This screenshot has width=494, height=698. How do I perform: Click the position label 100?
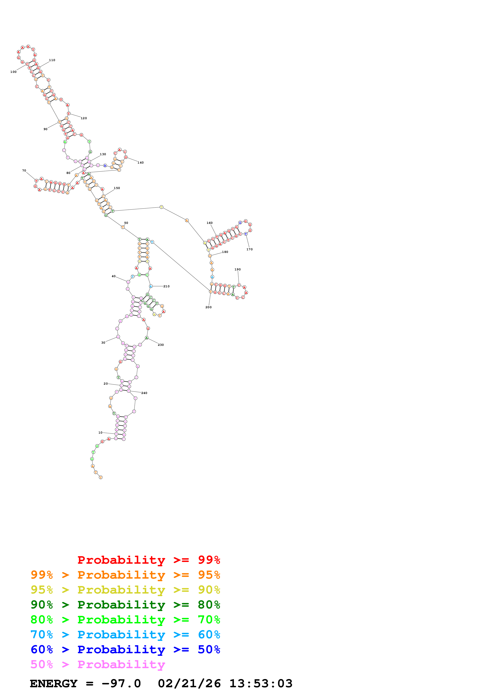click(13, 72)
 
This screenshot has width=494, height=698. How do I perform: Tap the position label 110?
click(52, 60)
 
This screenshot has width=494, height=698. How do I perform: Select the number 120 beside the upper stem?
click(84, 118)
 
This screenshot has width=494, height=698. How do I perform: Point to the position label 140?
click(140, 163)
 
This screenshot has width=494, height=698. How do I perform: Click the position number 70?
click(24, 171)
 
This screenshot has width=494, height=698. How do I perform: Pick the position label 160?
click(209, 223)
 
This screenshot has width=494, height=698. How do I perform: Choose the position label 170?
click(249, 249)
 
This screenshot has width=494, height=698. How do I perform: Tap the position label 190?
click(237, 269)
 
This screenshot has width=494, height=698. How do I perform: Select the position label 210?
click(166, 286)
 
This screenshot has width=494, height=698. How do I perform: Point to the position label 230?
click(161, 345)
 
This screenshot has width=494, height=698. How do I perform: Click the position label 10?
click(100, 433)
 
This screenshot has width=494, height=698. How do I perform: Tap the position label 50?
click(126, 223)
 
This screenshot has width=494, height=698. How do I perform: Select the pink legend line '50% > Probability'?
click(98, 665)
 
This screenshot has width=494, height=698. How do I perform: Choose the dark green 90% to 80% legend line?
click(125, 605)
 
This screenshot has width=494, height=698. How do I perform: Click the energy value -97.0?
click(121, 684)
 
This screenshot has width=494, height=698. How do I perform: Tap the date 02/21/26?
click(189, 684)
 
